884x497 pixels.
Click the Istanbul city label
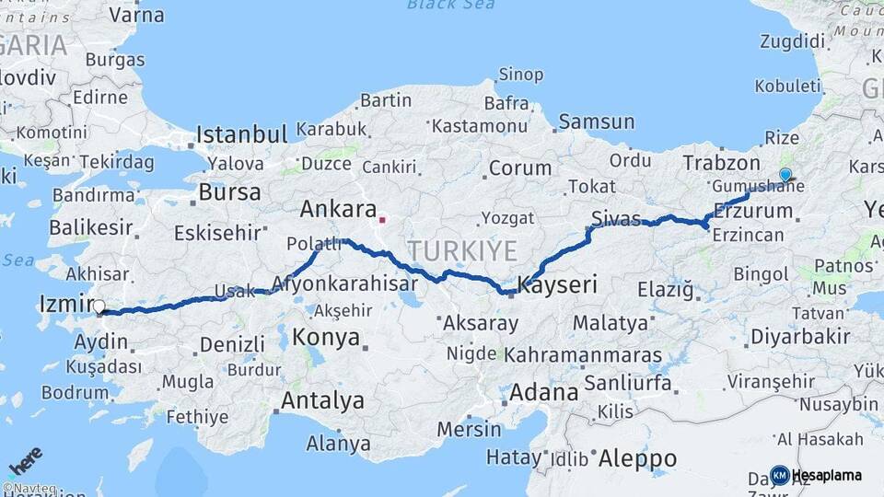click(x=242, y=135)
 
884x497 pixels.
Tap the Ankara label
click(x=338, y=209)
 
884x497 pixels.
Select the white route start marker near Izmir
click(x=99, y=307)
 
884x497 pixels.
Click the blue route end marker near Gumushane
click(x=785, y=175)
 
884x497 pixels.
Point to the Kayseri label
click(x=557, y=286)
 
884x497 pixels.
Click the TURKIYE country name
click(x=462, y=250)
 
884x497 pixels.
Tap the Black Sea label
click(x=450, y=5)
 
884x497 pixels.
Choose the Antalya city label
click(x=322, y=401)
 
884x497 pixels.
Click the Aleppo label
click(x=637, y=457)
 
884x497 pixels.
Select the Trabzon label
click(x=722, y=163)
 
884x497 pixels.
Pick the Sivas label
click(x=616, y=218)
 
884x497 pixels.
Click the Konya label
click(x=326, y=338)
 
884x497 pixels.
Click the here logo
click(x=26, y=461)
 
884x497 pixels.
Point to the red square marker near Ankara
click(x=382, y=220)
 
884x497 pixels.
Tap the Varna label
click(x=136, y=16)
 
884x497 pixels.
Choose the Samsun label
click(x=597, y=121)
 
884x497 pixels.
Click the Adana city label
click(x=544, y=393)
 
